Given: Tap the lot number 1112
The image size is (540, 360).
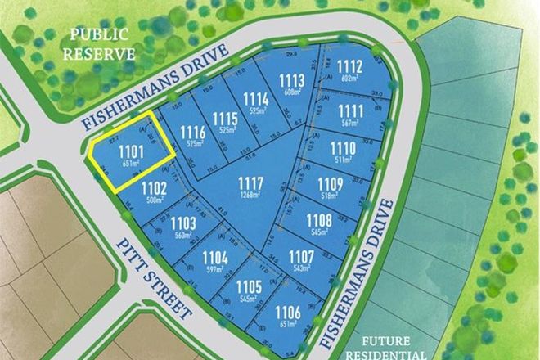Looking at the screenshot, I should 350,67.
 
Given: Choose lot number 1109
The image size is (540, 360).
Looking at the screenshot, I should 330,183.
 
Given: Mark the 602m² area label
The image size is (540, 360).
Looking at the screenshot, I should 350,79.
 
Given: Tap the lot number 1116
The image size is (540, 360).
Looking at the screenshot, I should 193,132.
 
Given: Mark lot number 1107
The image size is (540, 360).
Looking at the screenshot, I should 301,257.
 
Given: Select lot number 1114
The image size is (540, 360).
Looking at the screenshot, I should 256,99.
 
